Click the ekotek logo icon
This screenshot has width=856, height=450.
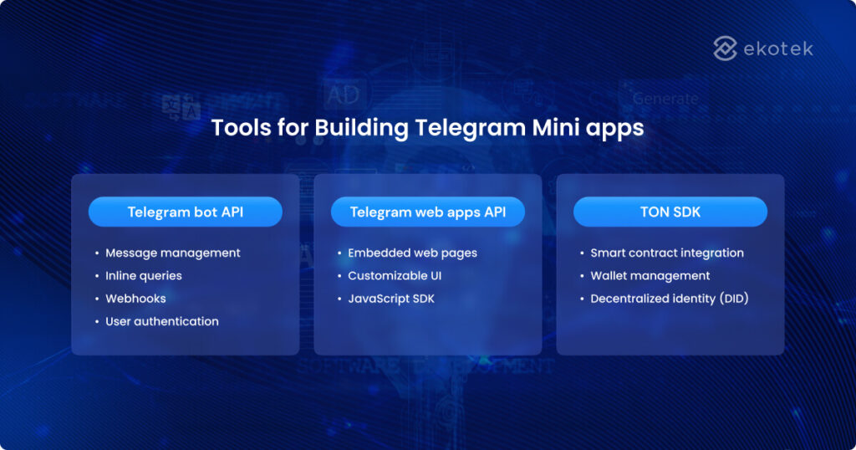(x=725, y=49)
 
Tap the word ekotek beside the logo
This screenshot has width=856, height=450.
(x=777, y=49)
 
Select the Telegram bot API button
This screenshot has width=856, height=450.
(x=185, y=212)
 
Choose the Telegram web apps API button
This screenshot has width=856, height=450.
(x=427, y=212)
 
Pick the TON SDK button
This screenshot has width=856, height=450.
(x=670, y=212)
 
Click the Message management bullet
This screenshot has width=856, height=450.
(x=172, y=253)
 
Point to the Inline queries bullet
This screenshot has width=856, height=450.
(x=143, y=275)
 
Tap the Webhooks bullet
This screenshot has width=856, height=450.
(x=135, y=299)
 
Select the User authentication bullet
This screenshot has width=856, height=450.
(x=161, y=321)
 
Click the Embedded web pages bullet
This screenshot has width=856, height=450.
(x=412, y=253)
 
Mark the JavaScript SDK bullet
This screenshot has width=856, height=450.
(x=391, y=299)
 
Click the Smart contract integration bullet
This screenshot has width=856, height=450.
(x=666, y=253)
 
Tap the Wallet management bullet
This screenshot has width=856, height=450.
(x=650, y=275)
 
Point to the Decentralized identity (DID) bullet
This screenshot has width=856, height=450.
(x=669, y=299)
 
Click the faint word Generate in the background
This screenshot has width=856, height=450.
(x=665, y=98)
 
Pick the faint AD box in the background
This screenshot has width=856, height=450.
(x=343, y=95)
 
